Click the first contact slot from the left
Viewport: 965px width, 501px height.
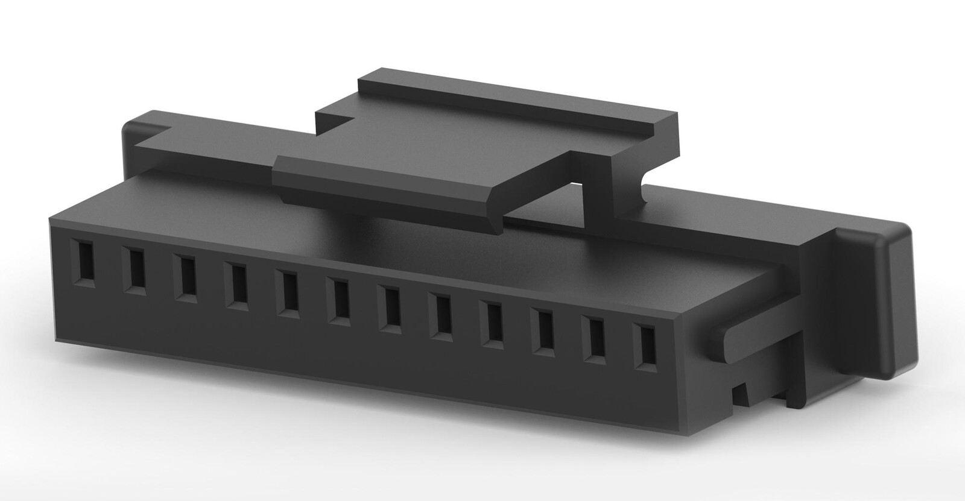86,263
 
